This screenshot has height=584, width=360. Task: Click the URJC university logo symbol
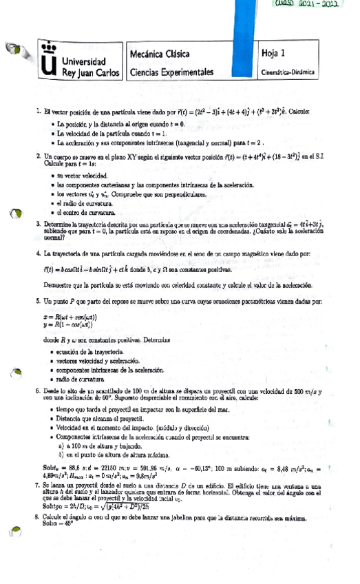point(46,62)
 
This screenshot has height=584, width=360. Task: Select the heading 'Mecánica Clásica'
point(160,54)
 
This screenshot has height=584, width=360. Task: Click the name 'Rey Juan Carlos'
point(94,71)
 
